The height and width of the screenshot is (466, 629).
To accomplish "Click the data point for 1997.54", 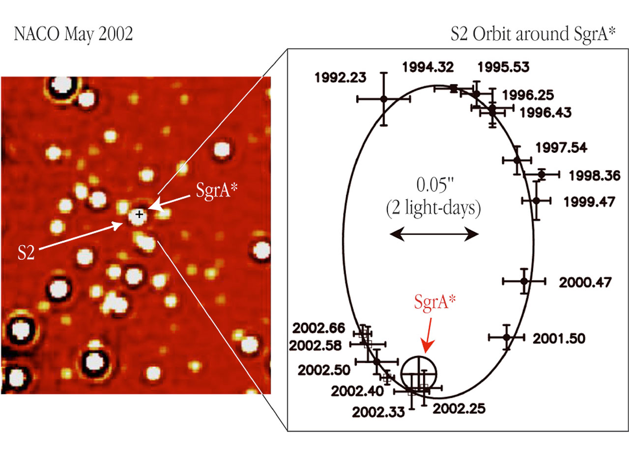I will (517, 160).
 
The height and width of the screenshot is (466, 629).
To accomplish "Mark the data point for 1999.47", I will (536, 200).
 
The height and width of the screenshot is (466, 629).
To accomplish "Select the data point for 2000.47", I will (524, 281).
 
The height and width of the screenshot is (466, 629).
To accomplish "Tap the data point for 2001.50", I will (507, 337).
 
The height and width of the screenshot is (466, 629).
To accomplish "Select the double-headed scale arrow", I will (434, 236).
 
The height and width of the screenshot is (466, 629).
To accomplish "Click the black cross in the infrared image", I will (140, 214).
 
